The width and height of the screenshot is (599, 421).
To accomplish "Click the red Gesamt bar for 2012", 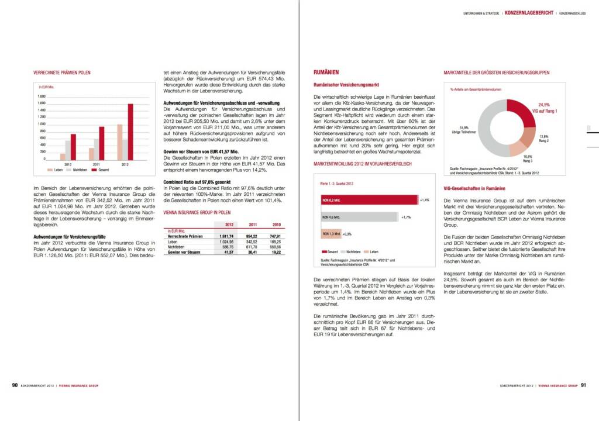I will click(130, 132).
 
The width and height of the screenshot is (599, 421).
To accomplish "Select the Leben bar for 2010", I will click(63, 156).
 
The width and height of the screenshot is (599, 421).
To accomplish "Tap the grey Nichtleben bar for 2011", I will click(97, 149).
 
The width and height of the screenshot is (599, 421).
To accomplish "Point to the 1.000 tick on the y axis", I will click(42, 124).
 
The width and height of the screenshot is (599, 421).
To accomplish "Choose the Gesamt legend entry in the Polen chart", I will click(102, 170).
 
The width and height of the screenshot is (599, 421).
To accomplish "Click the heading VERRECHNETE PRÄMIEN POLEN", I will click(61, 73).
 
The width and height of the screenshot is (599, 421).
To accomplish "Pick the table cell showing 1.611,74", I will click(226, 236).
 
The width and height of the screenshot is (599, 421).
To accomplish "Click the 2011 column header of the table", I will click(253, 225).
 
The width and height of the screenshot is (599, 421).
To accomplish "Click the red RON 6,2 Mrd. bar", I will click(369, 201).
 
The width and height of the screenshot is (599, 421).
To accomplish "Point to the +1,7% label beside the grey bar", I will click(406, 217).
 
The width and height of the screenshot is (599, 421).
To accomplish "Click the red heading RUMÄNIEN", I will click(326, 73).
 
